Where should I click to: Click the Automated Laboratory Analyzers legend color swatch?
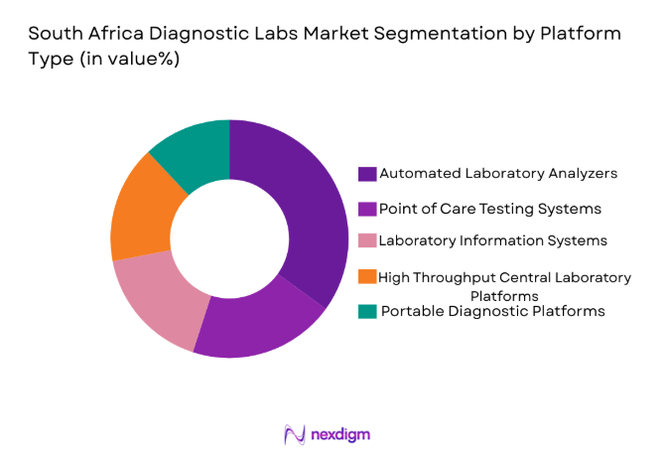click(367, 173)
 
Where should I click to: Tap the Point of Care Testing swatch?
click(367, 208)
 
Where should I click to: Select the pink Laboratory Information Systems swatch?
click(367, 241)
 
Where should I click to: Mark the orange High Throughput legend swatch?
click(367, 277)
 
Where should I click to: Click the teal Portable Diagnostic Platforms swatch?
click(367, 311)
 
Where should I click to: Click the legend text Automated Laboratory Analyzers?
click(499, 173)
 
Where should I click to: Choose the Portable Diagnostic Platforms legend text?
click(493, 311)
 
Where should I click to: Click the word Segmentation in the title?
click(396, 33)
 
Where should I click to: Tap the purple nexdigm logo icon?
click(295, 435)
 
